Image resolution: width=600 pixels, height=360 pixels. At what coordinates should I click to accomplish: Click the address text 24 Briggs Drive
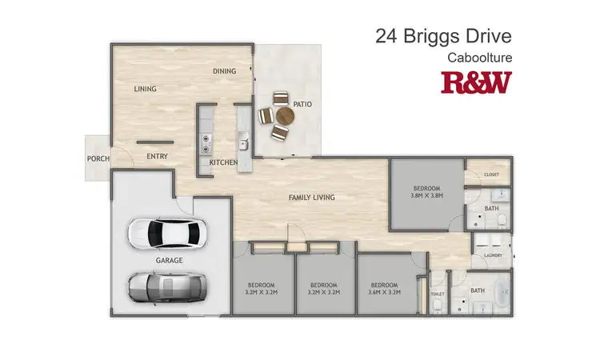pos(443,37)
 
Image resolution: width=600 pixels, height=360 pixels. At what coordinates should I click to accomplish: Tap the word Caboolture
pos(479,58)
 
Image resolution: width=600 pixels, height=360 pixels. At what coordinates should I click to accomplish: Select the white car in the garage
pos(166,233)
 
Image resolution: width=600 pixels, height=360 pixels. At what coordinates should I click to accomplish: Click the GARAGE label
pos(170,261)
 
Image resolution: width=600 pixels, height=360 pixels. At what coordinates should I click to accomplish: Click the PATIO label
pos(302,104)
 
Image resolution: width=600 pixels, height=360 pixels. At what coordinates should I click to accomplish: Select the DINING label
pos(225,71)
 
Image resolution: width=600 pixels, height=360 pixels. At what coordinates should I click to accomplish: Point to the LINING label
pos(145,89)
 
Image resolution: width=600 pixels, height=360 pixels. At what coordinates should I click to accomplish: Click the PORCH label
pos(98,158)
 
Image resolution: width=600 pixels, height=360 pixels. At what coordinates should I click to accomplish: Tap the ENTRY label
pos(157,156)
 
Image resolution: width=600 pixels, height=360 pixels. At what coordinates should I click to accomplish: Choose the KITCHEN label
pos(224,162)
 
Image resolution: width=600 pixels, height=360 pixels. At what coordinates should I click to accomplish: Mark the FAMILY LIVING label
pos(311,198)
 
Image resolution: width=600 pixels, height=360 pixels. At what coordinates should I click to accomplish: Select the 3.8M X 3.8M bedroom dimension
pos(426,194)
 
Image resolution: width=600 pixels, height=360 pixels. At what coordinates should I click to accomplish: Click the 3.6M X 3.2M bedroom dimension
pos(385,292)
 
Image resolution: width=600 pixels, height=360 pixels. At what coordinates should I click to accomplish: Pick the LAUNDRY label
pos(491,256)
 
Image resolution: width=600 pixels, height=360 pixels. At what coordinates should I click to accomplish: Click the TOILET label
pos(437,294)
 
